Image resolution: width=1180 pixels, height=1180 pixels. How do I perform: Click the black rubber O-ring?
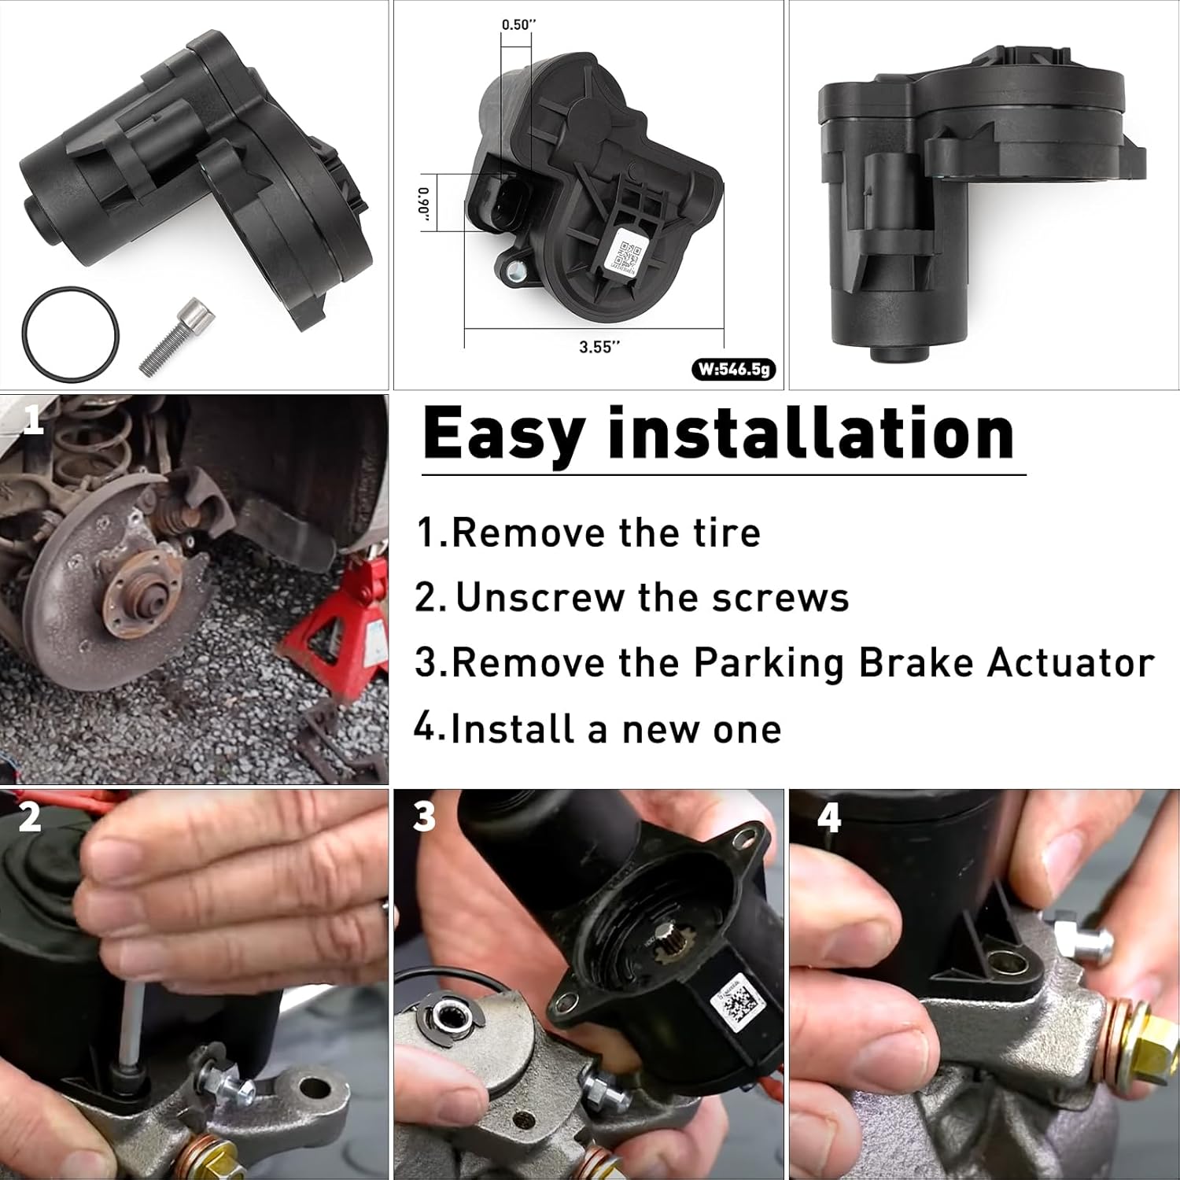70,295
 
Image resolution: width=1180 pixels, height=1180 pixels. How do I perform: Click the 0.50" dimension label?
518,24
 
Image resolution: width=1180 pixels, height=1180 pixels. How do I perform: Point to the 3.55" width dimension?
599,347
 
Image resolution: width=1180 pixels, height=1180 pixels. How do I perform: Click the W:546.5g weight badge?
733,369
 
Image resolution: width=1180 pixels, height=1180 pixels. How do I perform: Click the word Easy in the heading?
503,434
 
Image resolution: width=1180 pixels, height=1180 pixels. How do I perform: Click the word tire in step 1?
727,533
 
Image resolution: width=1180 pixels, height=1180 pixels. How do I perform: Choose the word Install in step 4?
511,728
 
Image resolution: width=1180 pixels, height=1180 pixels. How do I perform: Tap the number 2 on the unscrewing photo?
30,817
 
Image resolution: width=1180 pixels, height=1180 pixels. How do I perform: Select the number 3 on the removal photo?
424,817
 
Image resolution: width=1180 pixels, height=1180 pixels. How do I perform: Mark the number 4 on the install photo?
829,818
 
